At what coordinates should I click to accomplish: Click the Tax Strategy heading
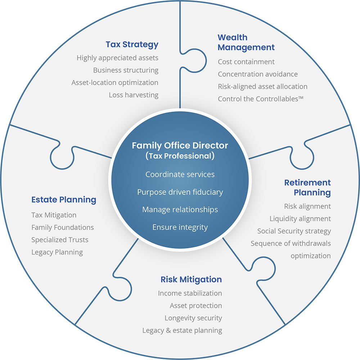click(x=132, y=45)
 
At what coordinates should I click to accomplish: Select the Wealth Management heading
click(x=246, y=42)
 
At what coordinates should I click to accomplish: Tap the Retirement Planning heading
click(x=307, y=188)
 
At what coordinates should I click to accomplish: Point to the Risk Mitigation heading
click(x=191, y=280)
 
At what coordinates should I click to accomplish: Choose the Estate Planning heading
click(x=64, y=200)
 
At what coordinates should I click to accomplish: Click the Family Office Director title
click(x=180, y=145)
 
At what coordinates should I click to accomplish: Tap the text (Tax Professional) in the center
click(x=180, y=156)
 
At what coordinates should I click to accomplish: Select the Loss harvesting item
click(x=134, y=95)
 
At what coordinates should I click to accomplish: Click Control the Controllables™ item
click(x=261, y=99)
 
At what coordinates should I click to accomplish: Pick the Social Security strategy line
click(x=294, y=231)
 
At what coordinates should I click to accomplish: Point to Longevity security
click(x=193, y=318)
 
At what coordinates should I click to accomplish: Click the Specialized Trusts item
click(x=60, y=240)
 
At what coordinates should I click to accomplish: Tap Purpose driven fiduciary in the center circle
click(x=180, y=192)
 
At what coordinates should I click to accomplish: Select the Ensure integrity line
click(x=180, y=227)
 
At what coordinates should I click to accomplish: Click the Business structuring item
click(x=126, y=70)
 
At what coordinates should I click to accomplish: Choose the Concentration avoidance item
click(x=258, y=74)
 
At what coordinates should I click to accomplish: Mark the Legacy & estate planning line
click(x=182, y=330)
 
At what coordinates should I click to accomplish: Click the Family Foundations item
click(x=63, y=228)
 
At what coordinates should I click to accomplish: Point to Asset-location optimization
click(x=115, y=83)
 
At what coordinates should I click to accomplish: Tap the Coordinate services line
click(x=180, y=175)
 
